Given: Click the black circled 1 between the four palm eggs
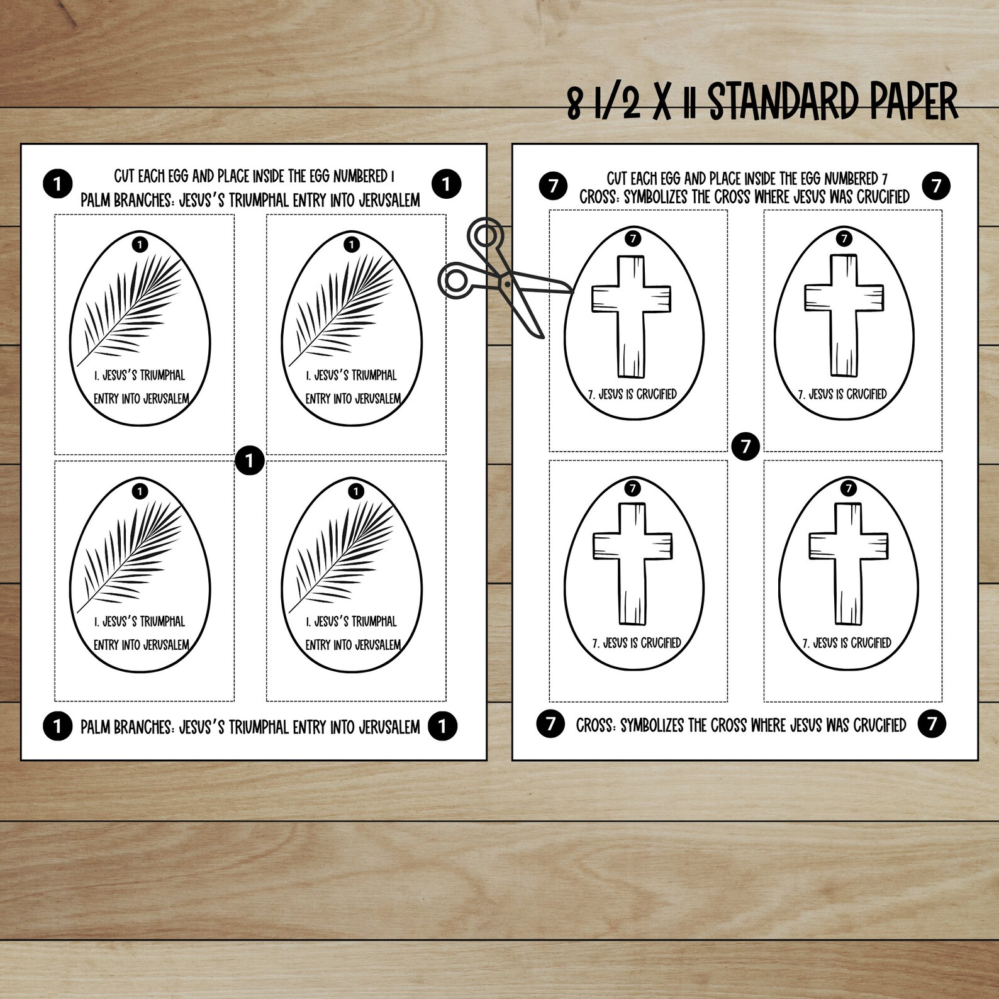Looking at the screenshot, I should click(x=249, y=461).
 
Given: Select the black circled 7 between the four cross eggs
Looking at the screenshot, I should click(x=745, y=446).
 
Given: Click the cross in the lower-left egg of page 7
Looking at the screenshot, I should click(x=632, y=563).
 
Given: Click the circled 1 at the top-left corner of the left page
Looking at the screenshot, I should click(x=57, y=184).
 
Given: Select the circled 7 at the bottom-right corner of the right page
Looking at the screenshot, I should click(x=932, y=723).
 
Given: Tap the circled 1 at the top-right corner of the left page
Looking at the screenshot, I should click(x=446, y=184).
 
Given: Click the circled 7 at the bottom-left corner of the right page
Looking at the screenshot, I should click(x=550, y=723).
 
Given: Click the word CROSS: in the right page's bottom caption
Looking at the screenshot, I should click(x=596, y=725).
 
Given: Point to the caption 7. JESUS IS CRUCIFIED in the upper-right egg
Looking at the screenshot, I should click(x=842, y=394).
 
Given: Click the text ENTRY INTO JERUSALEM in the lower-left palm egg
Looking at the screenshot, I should click(x=141, y=645).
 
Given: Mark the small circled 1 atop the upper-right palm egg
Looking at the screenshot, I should click(x=352, y=243).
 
